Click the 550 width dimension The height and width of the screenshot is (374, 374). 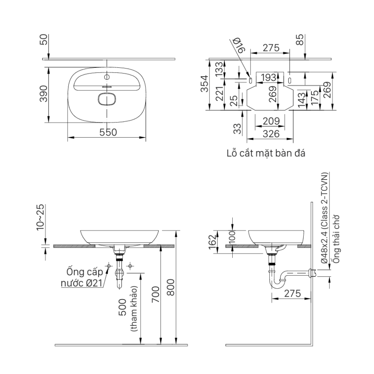[x=108, y=132]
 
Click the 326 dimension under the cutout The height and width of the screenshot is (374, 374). [x=269, y=134]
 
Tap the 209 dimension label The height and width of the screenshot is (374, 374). [x=269, y=121]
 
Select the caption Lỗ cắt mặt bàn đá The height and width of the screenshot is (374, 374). [x=266, y=153]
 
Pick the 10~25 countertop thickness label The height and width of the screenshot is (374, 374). [x=41, y=217]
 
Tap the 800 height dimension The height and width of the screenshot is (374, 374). [x=171, y=287]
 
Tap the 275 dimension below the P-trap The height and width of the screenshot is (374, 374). [x=292, y=294]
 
